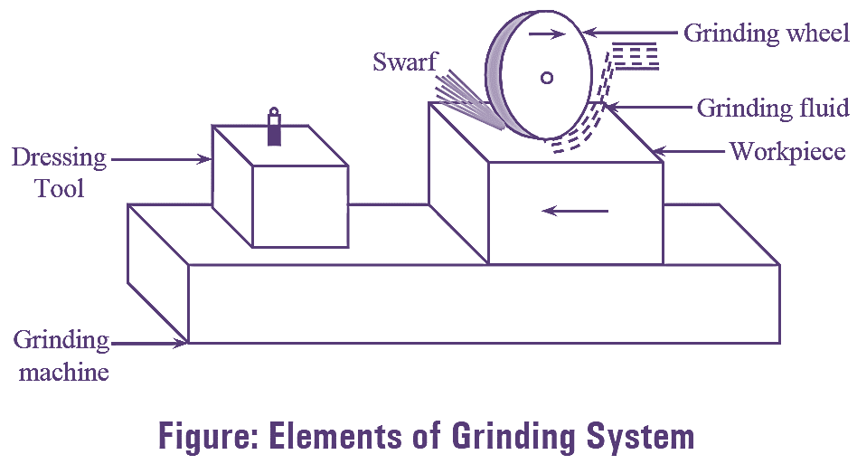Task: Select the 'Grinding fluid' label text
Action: coord(773,108)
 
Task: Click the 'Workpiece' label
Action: coord(787,150)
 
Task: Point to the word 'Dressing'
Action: coord(59,158)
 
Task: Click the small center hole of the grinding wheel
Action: coord(547,78)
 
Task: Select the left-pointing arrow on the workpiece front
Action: coord(574,211)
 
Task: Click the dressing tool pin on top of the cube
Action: coord(274,128)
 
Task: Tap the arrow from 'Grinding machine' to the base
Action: coord(149,343)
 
